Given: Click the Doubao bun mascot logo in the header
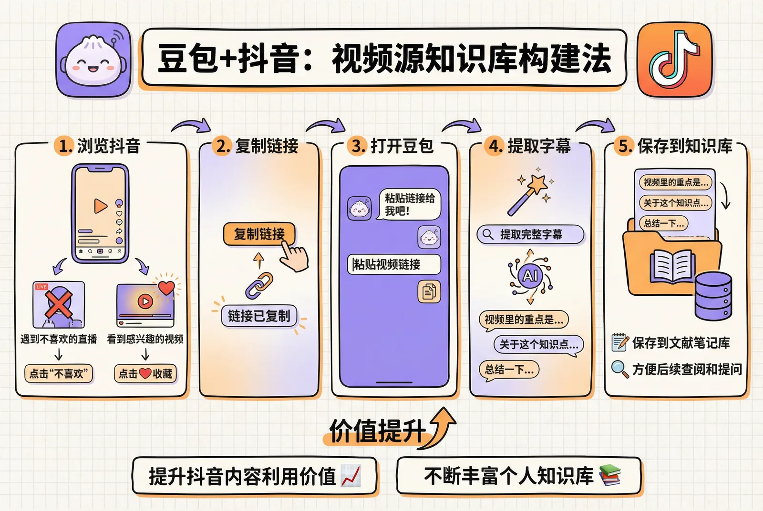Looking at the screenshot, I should click(93, 60).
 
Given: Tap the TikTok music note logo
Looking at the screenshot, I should click(674, 60).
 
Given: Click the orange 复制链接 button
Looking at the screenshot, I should click(259, 234).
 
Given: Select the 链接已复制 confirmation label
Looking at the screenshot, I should click(259, 316).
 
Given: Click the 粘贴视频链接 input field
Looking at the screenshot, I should click(394, 264).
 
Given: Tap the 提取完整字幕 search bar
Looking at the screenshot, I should click(530, 234).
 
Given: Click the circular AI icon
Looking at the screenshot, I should click(530, 276).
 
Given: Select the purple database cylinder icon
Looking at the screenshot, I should click(713, 296).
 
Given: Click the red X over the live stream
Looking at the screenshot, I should click(59, 303).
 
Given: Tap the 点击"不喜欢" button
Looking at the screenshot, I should click(59, 374).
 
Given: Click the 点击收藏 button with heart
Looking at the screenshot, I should click(145, 374).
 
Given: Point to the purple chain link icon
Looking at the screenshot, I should click(259, 286).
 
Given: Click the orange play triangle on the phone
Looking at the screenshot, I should click(100, 206).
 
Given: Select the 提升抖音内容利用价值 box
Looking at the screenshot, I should click(254, 476).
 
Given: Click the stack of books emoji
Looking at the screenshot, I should click(610, 475).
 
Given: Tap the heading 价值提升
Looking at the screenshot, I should click(377, 431).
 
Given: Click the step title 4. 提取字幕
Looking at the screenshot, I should click(530, 146).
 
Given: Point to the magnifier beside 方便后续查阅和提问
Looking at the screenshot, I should click(619, 369).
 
